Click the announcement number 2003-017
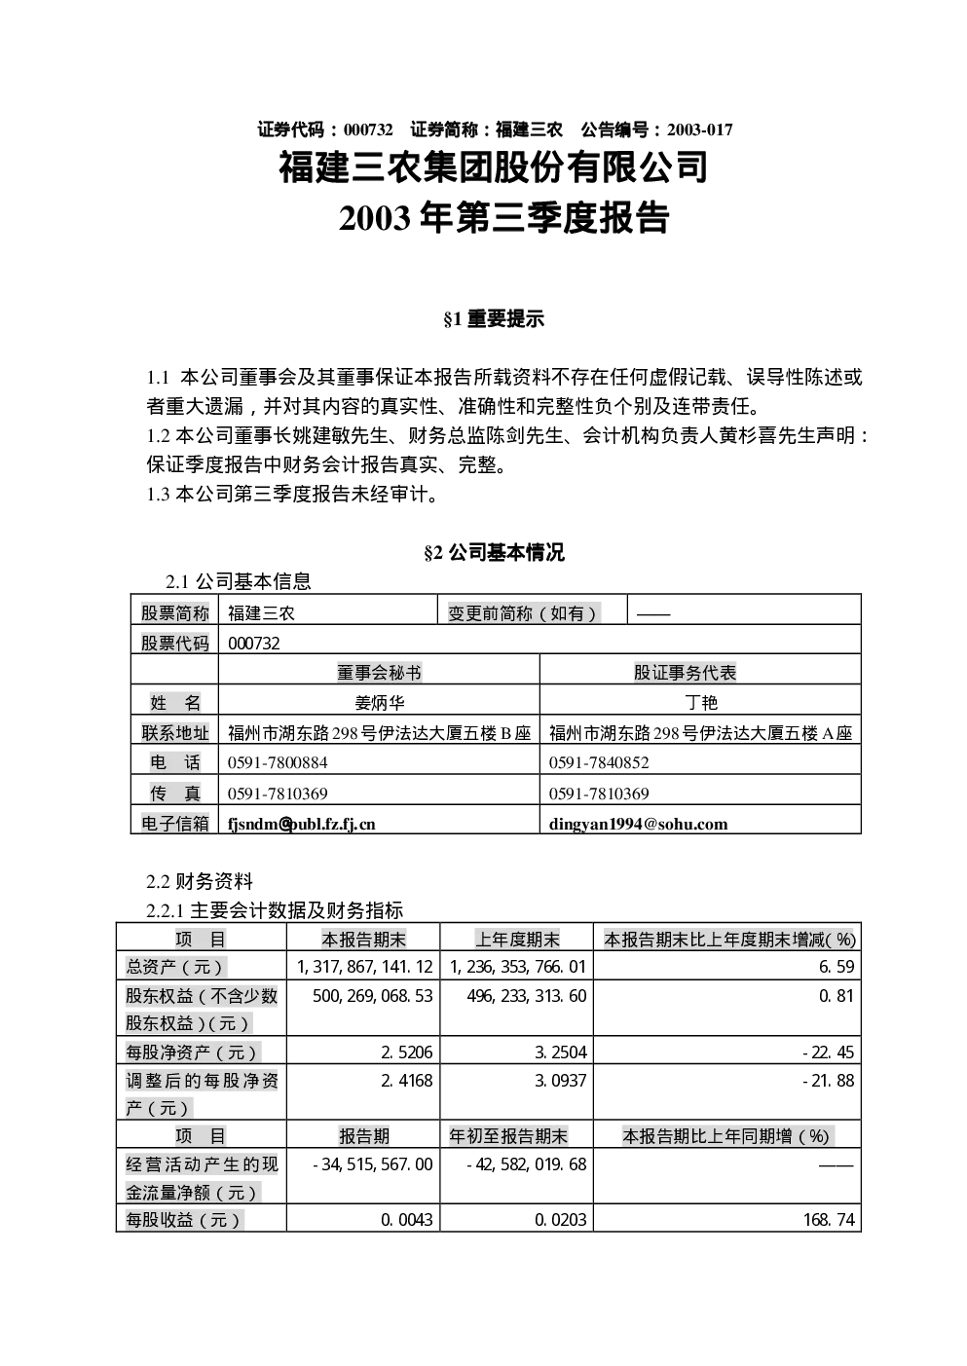[x=699, y=129]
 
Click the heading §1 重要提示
[x=494, y=319]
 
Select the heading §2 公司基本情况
[x=494, y=552]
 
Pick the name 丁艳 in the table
[x=700, y=703]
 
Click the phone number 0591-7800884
[x=278, y=763]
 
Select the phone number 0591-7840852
[x=599, y=763]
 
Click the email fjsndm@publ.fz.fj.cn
[x=301, y=825]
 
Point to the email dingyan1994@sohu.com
[x=638, y=825]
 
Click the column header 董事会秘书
[x=379, y=673]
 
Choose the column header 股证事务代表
[x=685, y=673]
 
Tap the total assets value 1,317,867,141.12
[x=365, y=967]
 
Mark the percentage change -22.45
[x=829, y=1052]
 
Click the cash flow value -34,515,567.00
[x=373, y=1164]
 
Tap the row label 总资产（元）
[x=174, y=967]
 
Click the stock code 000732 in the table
[x=254, y=644]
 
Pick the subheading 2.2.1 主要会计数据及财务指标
[x=275, y=910]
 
